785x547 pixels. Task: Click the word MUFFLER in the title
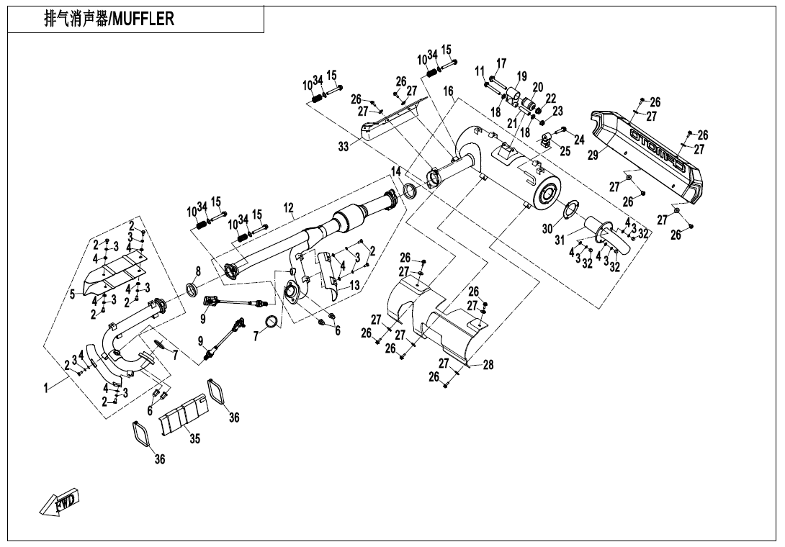coord(142,19)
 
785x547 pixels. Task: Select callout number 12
coord(289,209)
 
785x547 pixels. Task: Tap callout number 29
coord(593,155)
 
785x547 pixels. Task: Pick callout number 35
coord(194,439)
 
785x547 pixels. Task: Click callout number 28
coord(488,365)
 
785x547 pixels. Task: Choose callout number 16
coord(449,91)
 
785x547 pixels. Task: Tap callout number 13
coord(354,286)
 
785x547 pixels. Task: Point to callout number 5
coord(72,294)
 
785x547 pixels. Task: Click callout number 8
coord(198,271)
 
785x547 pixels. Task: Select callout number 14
coord(395,171)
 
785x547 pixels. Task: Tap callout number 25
coord(565,151)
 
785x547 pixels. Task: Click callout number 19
coord(522,77)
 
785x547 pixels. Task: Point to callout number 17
coord(501,64)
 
